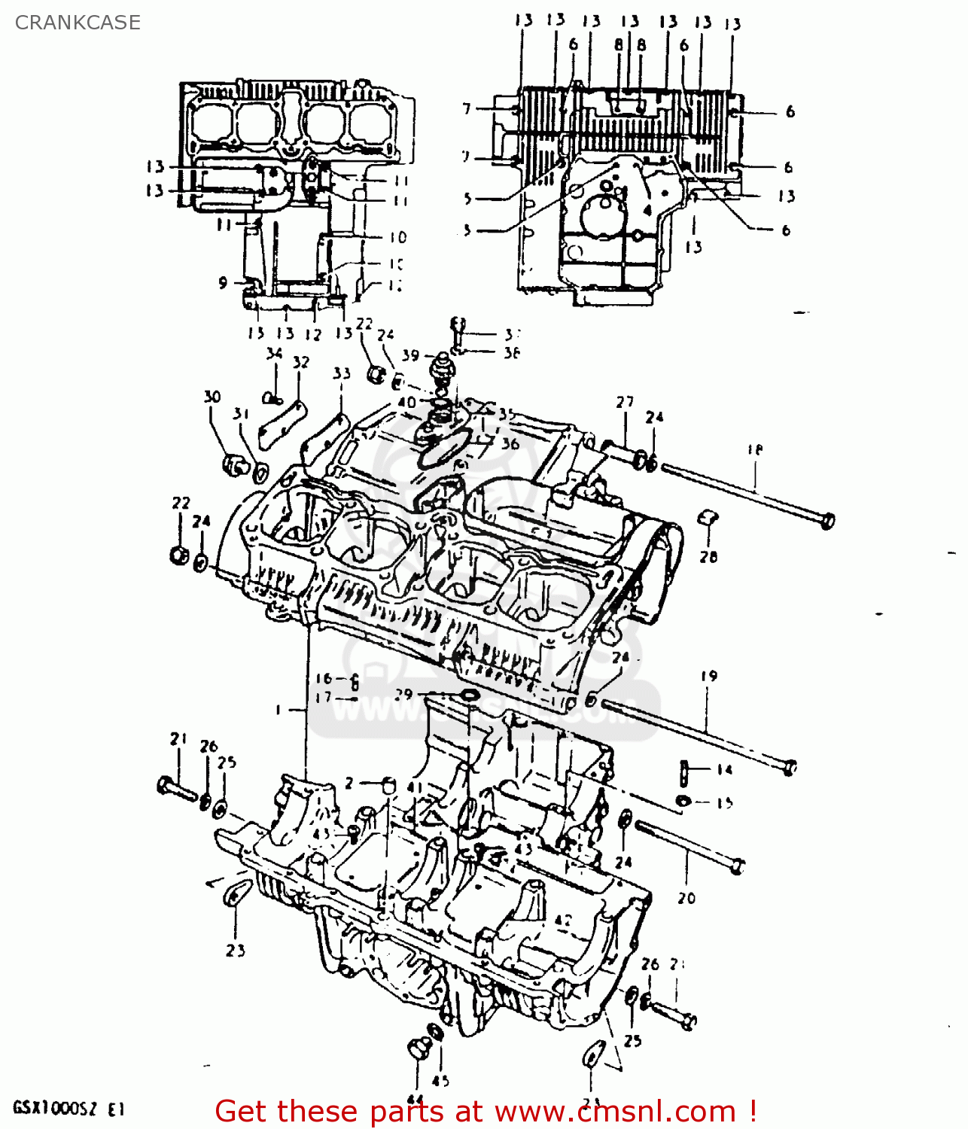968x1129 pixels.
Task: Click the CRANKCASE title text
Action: pyautogui.click(x=78, y=23)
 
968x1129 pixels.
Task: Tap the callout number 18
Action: pyautogui.click(x=754, y=450)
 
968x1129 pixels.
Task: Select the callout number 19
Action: pyautogui.click(x=709, y=676)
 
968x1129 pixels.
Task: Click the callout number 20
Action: pyautogui.click(x=686, y=897)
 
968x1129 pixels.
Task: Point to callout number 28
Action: pyautogui.click(x=708, y=557)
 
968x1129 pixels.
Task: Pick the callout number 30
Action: pyautogui.click(x=212, y=397)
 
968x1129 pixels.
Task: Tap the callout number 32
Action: pyautogui.click(x=301, y=362)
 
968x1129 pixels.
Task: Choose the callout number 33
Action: pyautogui.click(x=342, y=373)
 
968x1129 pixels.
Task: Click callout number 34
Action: pyautogui.click(x=274, y=353)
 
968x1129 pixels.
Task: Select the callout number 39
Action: pyautogui.click(x=410, y=355)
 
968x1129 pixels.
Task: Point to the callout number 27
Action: pyautogui.click(x=625, y=402)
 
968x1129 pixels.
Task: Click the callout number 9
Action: pyautogui.click(x=223, y=283)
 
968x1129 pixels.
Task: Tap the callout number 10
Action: pyautogui.click(x=397, y=237)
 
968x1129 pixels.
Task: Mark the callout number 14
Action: pyautogui.click(x=724, y=770)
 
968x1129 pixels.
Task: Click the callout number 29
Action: pyautogui.click(x=404, y=693)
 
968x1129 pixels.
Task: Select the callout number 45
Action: pyautogui.click(x=441, y=1081)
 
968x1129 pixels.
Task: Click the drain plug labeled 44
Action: pyautogui.click(x=418, y=1048)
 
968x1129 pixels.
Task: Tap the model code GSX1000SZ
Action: pyautogui.click(x=55, y=1109)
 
